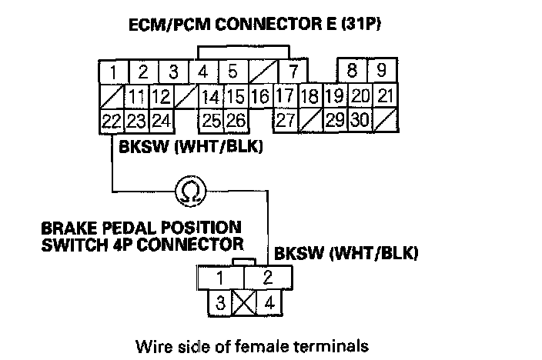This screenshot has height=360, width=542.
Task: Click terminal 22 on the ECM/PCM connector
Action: (x=111, y=120)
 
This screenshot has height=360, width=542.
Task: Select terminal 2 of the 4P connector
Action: (x=269, y=278)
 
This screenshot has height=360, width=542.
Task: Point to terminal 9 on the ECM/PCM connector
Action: (x=381, y=72)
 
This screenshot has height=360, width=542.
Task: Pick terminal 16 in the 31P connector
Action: (x=259, y=97)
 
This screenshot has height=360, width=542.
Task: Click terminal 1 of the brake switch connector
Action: (x=220, y=278)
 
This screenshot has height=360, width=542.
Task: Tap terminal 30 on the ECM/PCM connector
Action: (x=360, y=120)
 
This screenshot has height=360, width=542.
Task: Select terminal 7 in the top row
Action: (x=293, y=72)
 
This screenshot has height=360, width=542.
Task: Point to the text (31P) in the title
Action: (x=361, y=25)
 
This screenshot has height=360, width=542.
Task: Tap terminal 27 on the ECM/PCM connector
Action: (x=286, y=120)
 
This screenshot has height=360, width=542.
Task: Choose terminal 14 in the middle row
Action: (x=209, y=97)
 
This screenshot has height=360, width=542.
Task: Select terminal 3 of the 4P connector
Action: (x=220, y=302)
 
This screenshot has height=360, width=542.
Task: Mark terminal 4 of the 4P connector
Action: (x=269, y=302)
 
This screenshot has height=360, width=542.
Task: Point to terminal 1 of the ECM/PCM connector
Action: (x=112, y=72)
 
